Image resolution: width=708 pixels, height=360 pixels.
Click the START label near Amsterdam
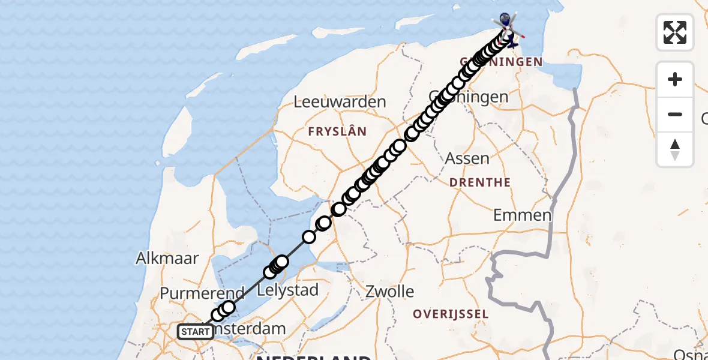click(195, 331)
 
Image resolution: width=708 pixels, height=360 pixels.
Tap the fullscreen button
click(675, 32)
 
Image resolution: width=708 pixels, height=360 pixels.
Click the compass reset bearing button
click(675, 149)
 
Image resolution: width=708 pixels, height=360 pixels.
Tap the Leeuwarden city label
click(340, 102)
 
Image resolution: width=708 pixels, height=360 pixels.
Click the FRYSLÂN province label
click(337, 131)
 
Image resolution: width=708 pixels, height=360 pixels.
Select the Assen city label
click(467, 159)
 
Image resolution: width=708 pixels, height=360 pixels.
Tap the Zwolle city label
click(390, 292)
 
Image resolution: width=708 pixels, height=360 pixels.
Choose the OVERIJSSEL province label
click(451, 314)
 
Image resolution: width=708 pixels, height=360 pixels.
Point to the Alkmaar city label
click(167, 259)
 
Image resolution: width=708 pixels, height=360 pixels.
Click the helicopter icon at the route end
click(505, 23)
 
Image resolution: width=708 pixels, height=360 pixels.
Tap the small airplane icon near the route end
click(511, 41)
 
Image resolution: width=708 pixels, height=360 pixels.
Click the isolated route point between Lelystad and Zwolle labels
click(309, 237)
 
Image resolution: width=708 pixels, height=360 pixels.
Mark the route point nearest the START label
click(218, 316)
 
